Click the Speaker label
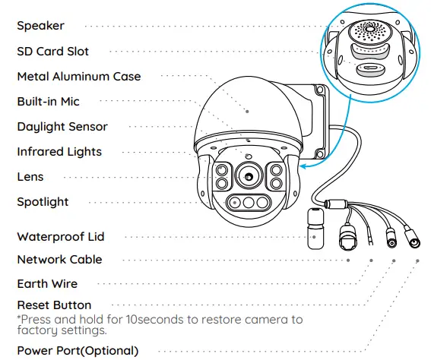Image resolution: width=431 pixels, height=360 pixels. (40, 26)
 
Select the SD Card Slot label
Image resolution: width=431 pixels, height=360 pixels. (52, 52)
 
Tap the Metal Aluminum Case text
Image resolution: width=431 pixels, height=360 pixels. (78, 77)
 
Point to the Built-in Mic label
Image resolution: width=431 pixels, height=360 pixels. (48, 102)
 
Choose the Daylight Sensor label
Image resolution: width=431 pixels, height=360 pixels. (62, 127)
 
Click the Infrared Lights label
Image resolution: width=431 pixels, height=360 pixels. (59, 152)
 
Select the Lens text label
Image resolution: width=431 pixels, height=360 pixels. (30, 177)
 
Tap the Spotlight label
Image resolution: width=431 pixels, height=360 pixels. (43, 202)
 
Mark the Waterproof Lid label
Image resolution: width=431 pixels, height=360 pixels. (60, 237)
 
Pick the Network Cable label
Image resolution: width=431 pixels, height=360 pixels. (59, 260)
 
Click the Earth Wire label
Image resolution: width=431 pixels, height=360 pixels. (47, 284)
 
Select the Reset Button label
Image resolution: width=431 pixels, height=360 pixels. (54, 305)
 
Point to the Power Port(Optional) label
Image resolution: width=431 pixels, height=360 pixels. (78, 351)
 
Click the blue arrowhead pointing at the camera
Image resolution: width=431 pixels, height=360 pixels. (303, 163)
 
